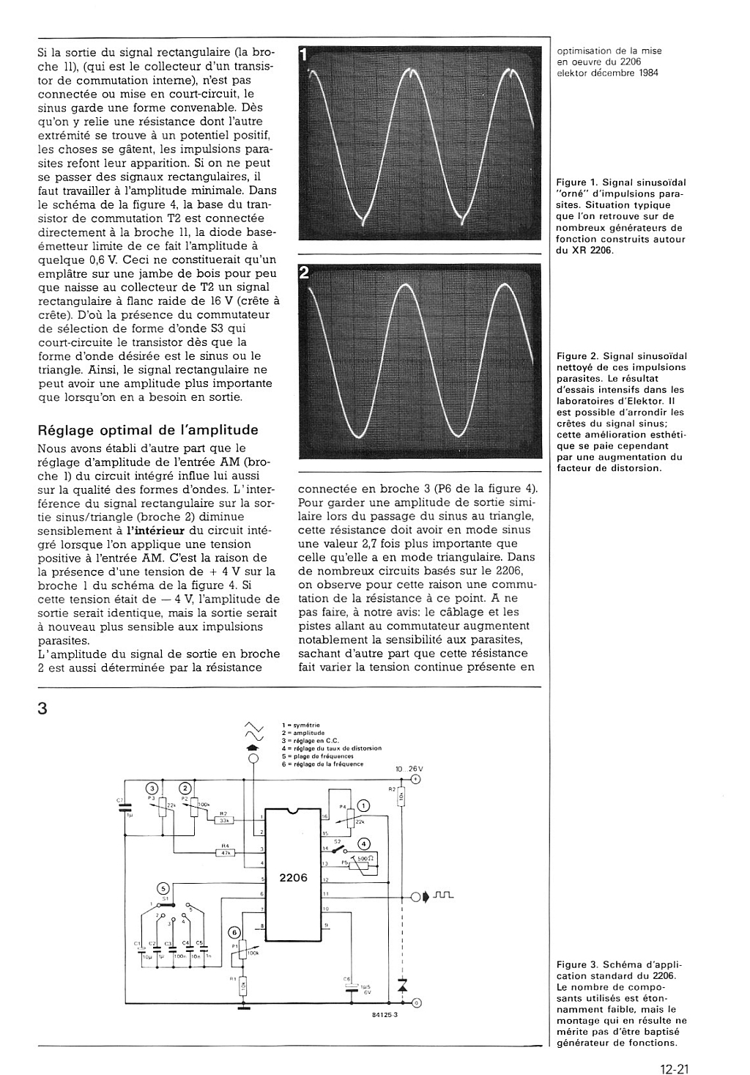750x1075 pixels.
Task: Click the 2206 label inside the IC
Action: click(293, 877)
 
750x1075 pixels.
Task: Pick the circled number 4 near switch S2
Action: click(364, 843)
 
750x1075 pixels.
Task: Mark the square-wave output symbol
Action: click(444, 895)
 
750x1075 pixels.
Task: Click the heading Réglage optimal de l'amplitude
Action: click(147, 430)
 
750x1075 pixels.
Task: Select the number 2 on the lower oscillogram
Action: click(305, 273)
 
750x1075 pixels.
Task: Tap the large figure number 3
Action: click(42, 709)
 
